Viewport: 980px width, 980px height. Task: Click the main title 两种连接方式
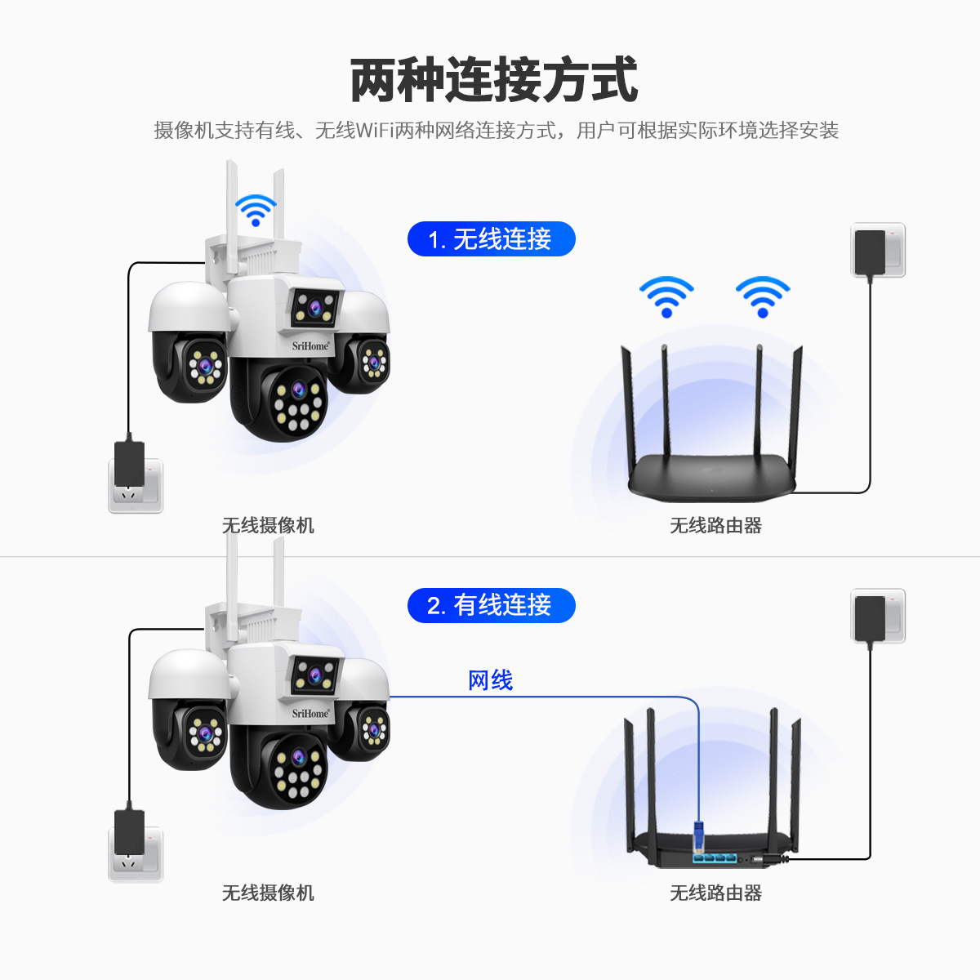[x=493, y=80]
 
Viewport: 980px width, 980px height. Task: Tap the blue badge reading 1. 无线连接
[x=492, y=239]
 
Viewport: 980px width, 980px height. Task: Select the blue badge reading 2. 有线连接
[x=492, y=606]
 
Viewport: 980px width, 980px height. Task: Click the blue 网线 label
[x=490, y=680]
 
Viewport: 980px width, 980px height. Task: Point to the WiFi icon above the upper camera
[x=256, y=210]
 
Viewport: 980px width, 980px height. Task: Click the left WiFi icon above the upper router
[x=666, y=297]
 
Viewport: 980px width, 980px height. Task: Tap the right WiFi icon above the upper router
[x=762, y=297]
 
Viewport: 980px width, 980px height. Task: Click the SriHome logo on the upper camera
[x=310, y=346]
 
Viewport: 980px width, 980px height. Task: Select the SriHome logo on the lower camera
[x=310, y=714]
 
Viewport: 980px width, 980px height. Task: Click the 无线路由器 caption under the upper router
[x=715, y=525]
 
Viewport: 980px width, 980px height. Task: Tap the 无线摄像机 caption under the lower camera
[x=268, y=893]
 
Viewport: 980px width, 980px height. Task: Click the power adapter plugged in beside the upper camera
[x=129, y=462]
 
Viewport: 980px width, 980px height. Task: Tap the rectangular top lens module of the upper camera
[x=315, y=308]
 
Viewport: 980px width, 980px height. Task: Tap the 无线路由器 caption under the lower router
[x=715, y=893]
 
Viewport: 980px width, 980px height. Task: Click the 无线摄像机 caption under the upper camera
[x=268, y=525]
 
